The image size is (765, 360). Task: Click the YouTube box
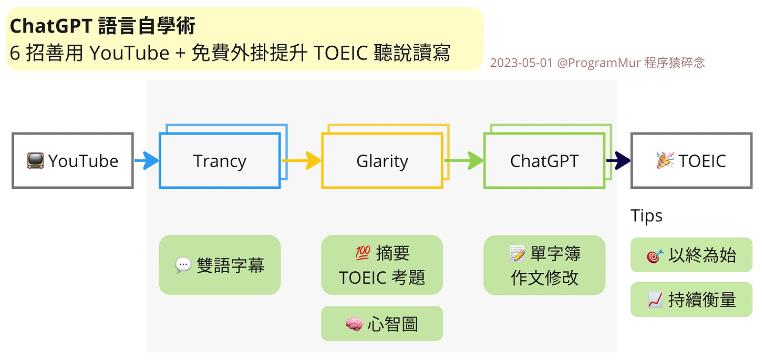(x=73, y=161)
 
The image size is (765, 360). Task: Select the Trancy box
(x=219, y=161)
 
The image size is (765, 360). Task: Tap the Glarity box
(x=382, y=161)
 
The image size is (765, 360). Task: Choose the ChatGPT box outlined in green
(x=544, y=161)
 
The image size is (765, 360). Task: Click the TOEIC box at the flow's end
(x=691, y=161)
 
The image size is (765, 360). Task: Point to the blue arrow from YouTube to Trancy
(x=147, y=161)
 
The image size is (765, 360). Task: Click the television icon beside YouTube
(x=35, y=161)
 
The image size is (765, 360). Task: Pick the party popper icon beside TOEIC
(x=665, y=160)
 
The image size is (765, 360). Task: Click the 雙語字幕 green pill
(x=219, y=265)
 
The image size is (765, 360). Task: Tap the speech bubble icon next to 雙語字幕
(x=183, y=265)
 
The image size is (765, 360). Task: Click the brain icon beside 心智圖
(x=354, y=324)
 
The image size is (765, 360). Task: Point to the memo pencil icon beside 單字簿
(x=518, y=254)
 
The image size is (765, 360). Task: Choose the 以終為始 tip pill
(x=691, y=255)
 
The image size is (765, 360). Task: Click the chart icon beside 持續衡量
(x=656, y=300)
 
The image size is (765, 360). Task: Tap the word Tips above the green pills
(x=646, y=216)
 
